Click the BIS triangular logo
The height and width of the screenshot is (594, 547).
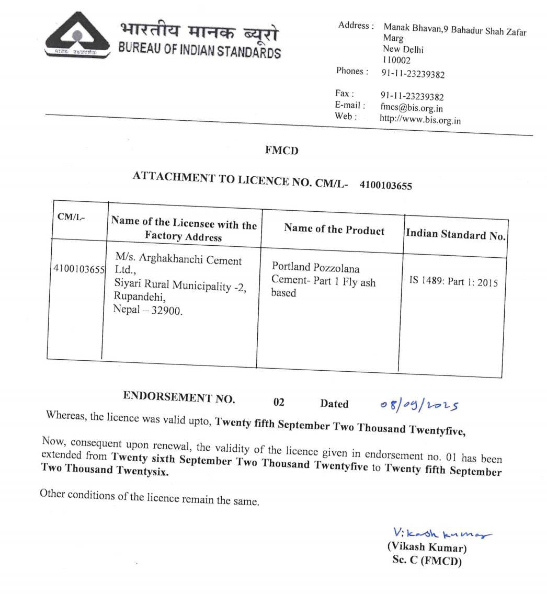pyautogui.click(x=78, y=36)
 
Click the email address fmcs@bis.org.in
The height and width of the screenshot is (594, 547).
pyautogui.click(x=412, y=108)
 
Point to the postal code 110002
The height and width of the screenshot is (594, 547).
pyautogui.click(x=397, y=60)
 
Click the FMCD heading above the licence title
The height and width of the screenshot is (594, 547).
pyautogui.click(x=281, y=151)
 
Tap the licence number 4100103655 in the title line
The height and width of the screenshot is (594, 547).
pyautogui.click(x=386, y=185)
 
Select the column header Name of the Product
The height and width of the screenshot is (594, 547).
pyautogui.click(x=334, y=229)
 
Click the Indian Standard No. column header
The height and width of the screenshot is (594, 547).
pyautogui.click(x=455, y=235)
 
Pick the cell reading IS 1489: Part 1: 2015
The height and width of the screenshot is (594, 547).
pyautogui.click(x=453, y=282)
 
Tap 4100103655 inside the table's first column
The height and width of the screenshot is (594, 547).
pyautogui.click(x=79, y=269)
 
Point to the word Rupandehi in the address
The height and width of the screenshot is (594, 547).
pyautogui.click(x=140, y=298)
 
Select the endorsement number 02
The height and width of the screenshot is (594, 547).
pyautogui.click(x=279, y=402)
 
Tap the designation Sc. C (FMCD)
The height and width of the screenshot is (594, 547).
pyautogui.click(x=427, y=561)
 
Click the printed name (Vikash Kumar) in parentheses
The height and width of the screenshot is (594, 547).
pyautogui.click(x=427, y=548)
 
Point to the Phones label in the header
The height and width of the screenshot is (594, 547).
pyautogui.click(x=352, y=71)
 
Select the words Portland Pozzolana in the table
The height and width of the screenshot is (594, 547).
pyautogui.click(x=315, y=268)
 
